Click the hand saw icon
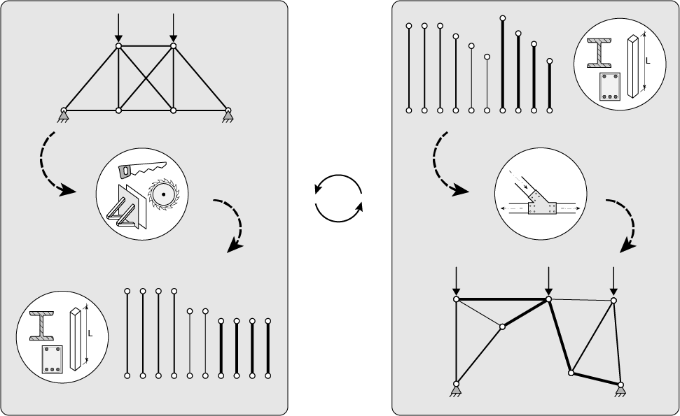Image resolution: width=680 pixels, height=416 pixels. pyautogui.click(x=141, y=170)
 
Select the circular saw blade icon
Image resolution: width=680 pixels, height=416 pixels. pyautogui.click(x=163, y=194)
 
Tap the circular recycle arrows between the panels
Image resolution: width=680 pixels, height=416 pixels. pyautogui.click(x=338, y=199)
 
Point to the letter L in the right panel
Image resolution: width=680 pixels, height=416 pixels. pyautogui.click(x=648, y=61)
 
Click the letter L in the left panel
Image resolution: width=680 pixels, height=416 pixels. pyautogui.click(x=90, y=333)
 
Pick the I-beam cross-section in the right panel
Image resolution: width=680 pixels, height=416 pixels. pyautogui.click(x=599, y=53)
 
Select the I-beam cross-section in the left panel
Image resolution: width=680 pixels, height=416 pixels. pyautogui.click(x=42, y=326)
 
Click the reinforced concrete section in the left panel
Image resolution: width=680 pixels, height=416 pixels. pyautogui.click(x=53, y=359)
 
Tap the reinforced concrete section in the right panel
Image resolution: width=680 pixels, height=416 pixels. pyautogui.click(x=610, y=87)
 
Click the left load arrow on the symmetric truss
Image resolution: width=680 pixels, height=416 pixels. pyautogui.click(x=118, y=28)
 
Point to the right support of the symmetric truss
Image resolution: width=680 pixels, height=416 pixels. pyautogui.click(x=228, y=116)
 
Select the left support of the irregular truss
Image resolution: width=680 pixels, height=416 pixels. pyautogui.click(x=456, y=389)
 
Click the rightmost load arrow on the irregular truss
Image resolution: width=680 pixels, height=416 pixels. pyautogui.click(x=613, y=282)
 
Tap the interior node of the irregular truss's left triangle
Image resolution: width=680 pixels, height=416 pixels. pyautogui.click(x=502, y=327)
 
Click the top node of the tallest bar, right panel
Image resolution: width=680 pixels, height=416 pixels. pyautogui.click(x=503, y=18)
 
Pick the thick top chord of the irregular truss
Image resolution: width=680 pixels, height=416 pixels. pyautogui.click(x=502, y=299)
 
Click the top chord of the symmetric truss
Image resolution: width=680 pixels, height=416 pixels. pyautogui.click(x=146, y=45)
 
